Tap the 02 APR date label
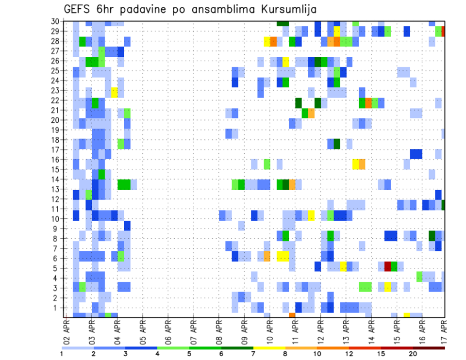pos(67,331)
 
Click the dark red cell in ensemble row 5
pos(387,266)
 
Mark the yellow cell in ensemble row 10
pos(311,215)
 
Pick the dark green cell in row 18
pos(336,144)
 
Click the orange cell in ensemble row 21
pos(311,113)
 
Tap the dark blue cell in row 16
pos(416,154)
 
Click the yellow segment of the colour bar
pos(269,347)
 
